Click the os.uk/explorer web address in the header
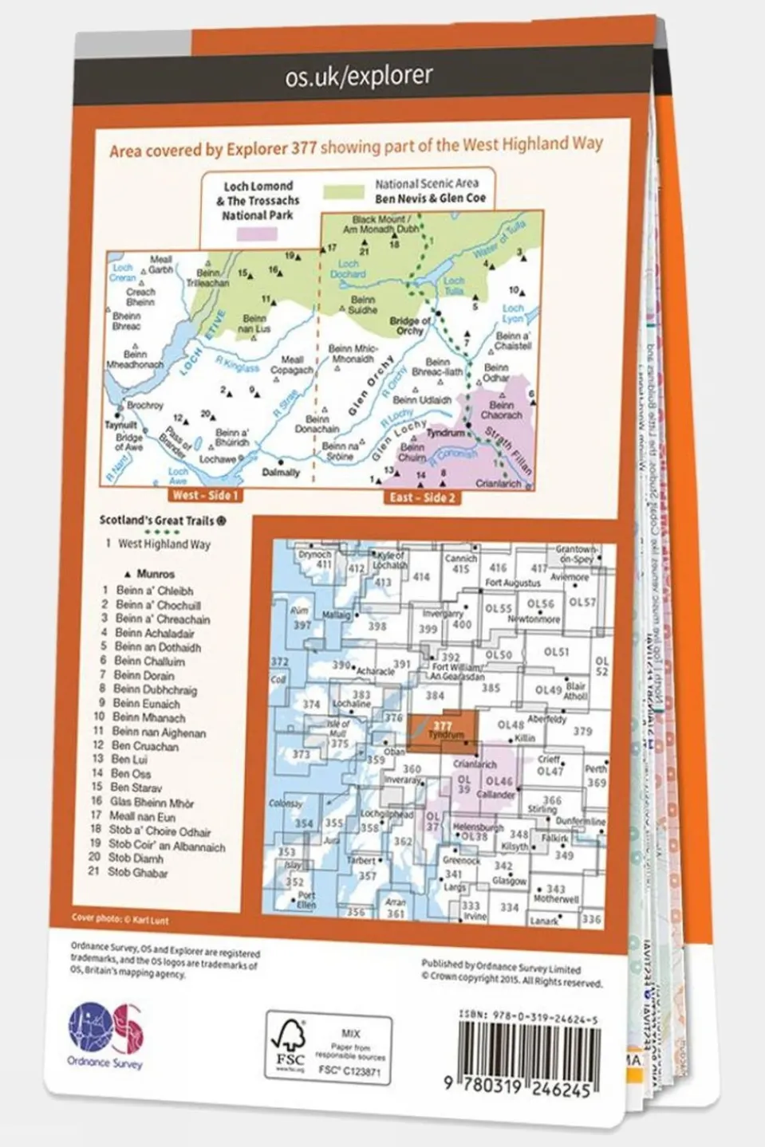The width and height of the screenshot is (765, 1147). pyautogui.click(x=359, y=77)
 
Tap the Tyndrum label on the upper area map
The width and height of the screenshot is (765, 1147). pyautogui.click(x=445, y=433)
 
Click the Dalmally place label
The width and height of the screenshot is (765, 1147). pyautogui.click(x=281, y=472)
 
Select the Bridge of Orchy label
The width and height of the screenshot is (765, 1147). pyautogui.click(x=411, y=325)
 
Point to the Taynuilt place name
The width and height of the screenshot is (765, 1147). pyautogui.click(x=121, y=426)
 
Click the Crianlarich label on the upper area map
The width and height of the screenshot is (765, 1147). pyautogui.click(x=498, y=484)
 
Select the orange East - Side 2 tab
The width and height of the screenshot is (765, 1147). pyautogui.click(x=422, y=497)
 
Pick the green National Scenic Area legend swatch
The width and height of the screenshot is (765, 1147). pyautogui.click(x=345, y=192)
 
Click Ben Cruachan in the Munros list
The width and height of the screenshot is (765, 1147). pyautogui.click(x=144, y=746)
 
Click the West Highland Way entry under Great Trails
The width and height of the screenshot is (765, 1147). pyautogui.click(x=164, y=544)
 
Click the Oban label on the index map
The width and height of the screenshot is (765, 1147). pyautogui.click(x=395, y=752)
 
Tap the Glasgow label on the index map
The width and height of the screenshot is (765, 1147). pyautogui.click(x=509, y=881)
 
